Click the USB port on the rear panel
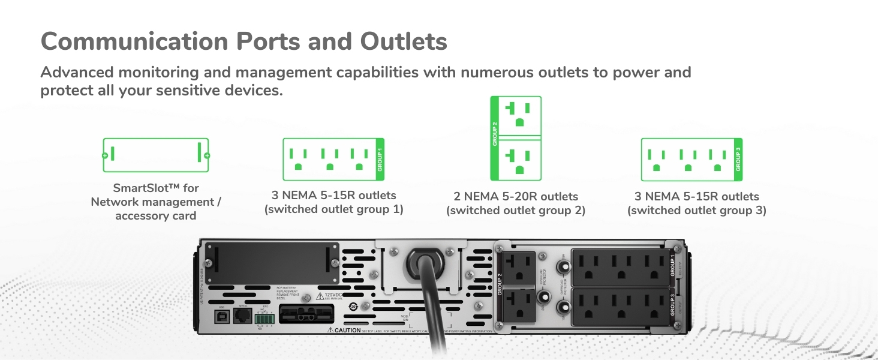click(221, 316)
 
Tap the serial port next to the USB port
click(242, 316)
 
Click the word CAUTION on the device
click(348, 330)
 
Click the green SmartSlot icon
click(156, 155)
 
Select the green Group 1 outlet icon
click(333, 159)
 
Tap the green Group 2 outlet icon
click(516, 138)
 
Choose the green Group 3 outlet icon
click(691, 159)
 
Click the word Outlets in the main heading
click(404, 41)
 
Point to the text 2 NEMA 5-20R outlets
click(516, 197)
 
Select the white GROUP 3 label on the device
click(672, 305)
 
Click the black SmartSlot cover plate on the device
click(271, 259)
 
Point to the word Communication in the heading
click(134, 41)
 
